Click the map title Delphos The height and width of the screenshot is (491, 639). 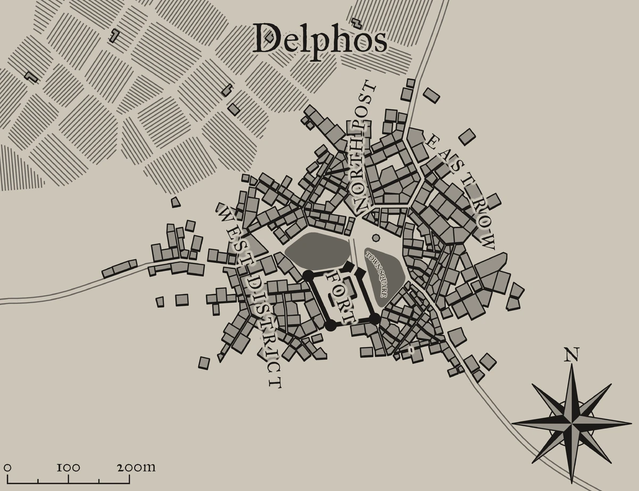[319, 38]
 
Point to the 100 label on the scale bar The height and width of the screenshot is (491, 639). [68, 468]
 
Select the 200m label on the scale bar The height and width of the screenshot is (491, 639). [136, 468]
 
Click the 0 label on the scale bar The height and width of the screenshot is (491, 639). [7, 468]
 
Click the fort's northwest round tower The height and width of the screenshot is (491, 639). [308, 275]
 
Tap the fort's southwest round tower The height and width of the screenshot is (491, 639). [331, 325]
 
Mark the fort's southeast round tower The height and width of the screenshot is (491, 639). [374, 319]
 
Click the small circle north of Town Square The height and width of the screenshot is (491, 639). [376, 238]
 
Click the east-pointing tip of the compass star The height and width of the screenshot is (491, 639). [629, 422]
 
